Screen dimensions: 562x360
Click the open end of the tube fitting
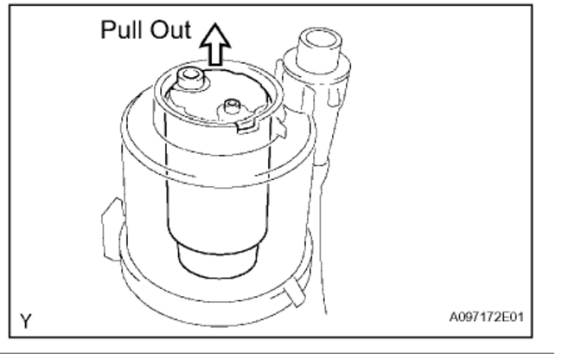pyautogui.click(x=315, y=40)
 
